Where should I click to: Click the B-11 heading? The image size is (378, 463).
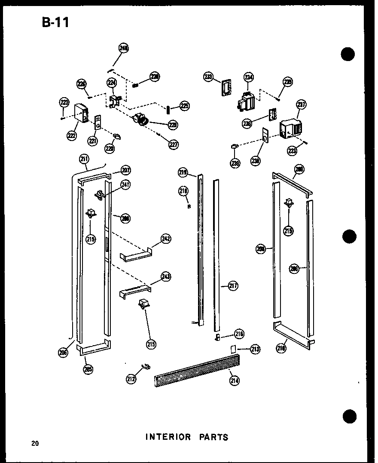(x=55, y=22)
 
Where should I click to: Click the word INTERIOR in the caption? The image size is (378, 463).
(x=168, y=437)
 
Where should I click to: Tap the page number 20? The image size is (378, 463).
(x=35, y=443)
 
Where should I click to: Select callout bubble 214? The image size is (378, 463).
(x=235, y=380)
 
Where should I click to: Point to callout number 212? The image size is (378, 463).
(x=131, y=378)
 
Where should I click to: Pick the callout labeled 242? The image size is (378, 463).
(x=166, y=239)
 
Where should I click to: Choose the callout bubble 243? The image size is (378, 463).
(x=166, y=276)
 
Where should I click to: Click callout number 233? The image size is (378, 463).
(x=208, y=77)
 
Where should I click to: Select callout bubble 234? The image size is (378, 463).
(x=249, y=77)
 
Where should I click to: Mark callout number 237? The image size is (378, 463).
(x=301, y=104)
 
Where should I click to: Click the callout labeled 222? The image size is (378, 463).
(x=71, y=135)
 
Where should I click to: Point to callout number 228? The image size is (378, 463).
(x=173, y=125)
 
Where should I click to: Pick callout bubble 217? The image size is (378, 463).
(x=233, y=285)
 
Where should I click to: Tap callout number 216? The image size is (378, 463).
(x=239, y=333)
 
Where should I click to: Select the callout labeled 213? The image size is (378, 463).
(x=255, y=349)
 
